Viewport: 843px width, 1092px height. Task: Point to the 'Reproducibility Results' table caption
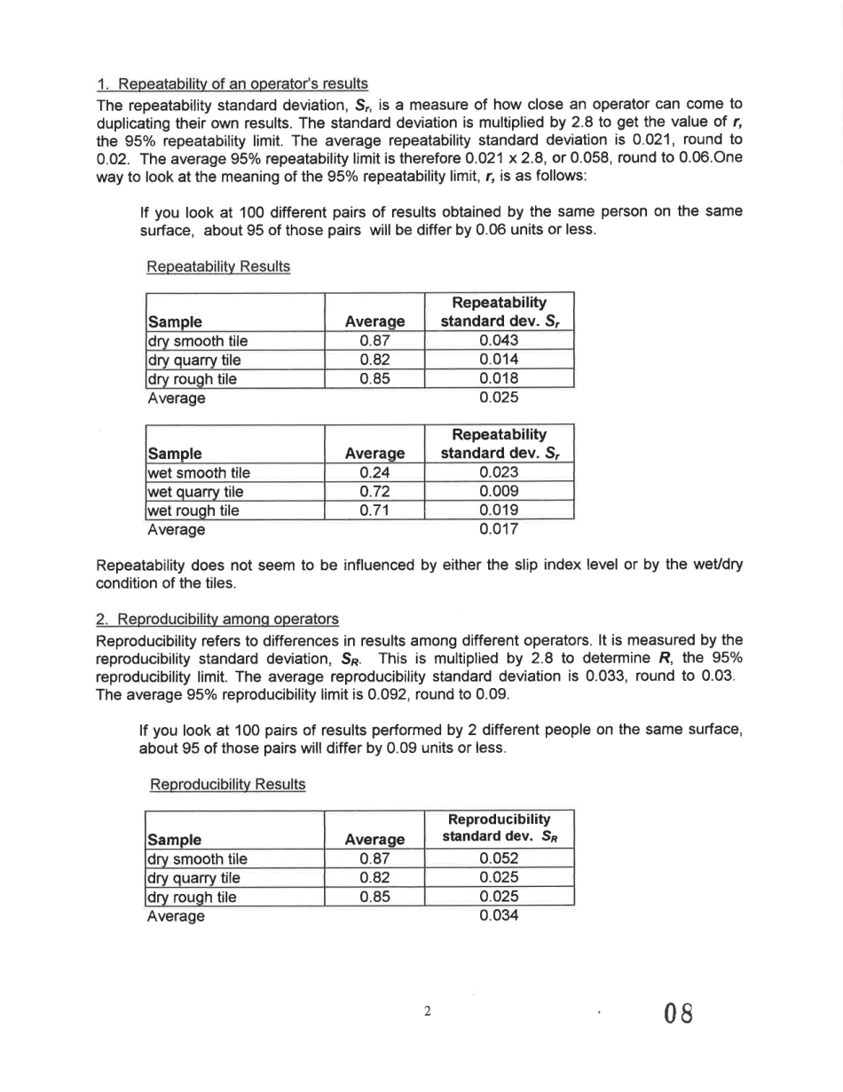tap(228, 785)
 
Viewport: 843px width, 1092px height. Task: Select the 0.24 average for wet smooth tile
tap(375, 473)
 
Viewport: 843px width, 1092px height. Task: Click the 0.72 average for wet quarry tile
tap(375, 492)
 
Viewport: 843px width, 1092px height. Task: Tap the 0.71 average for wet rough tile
tap(375, 510)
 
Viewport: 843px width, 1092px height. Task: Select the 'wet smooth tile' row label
tap(197, 473)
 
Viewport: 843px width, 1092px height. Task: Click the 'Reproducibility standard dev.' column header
tap(500, 827)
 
